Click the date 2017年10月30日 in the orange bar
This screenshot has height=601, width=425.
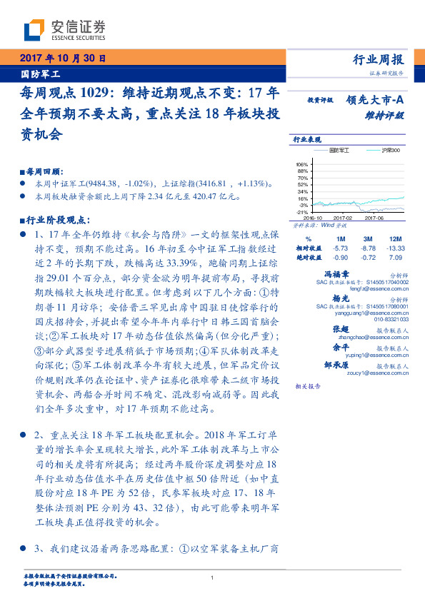[63, 58]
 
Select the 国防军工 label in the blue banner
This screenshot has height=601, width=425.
[41, 73]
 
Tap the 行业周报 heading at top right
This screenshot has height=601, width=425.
[379, 59]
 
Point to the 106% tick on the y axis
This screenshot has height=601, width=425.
[301, 164]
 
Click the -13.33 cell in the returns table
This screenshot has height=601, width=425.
[394, 247]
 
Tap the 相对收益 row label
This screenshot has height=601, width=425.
[309, 247]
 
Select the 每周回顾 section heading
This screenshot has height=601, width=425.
[44, 172]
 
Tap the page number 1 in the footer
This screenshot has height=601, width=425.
[212, 577]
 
